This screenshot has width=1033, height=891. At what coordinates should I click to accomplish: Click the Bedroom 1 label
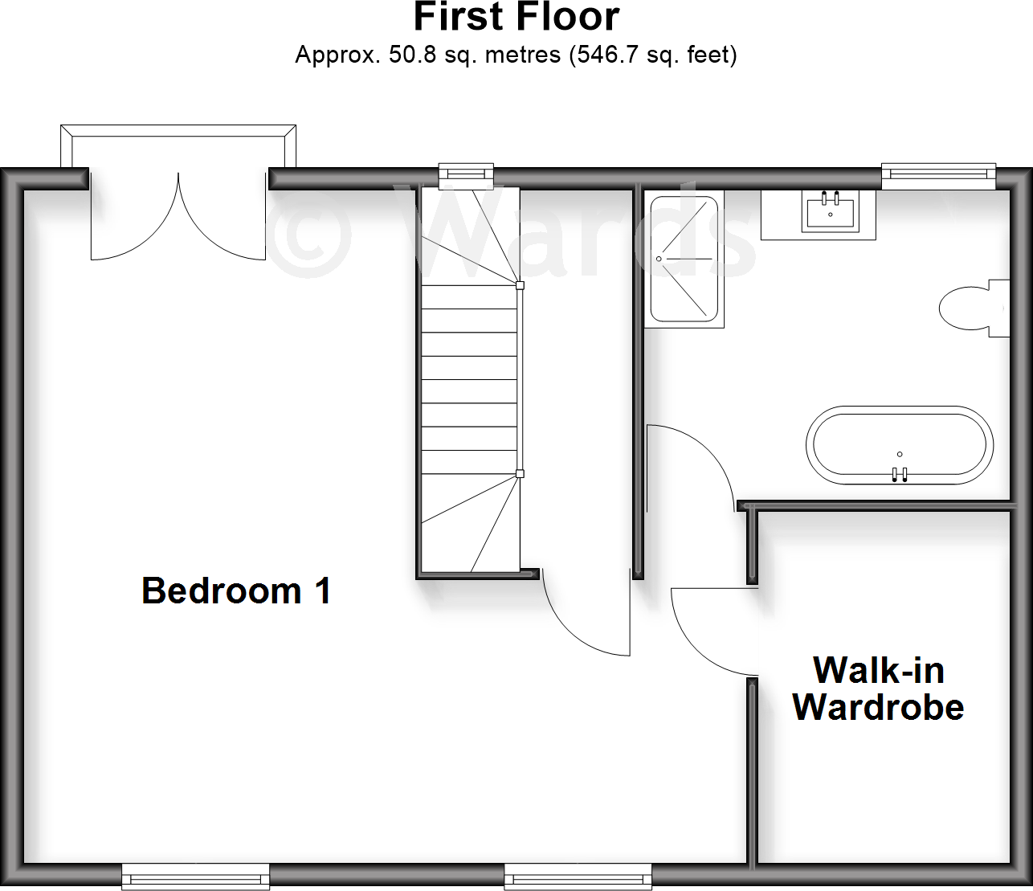pyautogui.click(x=236, y=591)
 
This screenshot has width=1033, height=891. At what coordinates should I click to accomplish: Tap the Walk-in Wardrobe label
pyautogui.click(x=878, y=689)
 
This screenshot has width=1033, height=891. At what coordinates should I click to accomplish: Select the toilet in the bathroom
pyautogui.click(x=968, y=308)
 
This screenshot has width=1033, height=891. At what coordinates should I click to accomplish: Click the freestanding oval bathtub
pyautogui.click(x=900, y=446)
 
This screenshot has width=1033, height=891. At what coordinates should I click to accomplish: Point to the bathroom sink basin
pyautogui.click(x=830, y=211)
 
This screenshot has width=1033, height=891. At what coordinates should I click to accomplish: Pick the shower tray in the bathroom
pyautogui.click(x=684, y=259)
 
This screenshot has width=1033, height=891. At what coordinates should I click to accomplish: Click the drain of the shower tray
pyautogui.click(x=659, y=259)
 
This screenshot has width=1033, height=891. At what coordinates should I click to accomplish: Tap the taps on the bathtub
pyautogui.click(x=900, y=474)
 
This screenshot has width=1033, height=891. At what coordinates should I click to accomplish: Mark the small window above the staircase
pyautogui.click(x=466, y=172)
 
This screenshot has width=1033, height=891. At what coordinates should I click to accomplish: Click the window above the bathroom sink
pyautogui.click(x=937, y=172)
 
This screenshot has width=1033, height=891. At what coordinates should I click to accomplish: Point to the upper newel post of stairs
pyautogui.click(x=520, y=285)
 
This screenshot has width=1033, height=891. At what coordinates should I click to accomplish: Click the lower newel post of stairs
pyautogui.click(x=520, y=474)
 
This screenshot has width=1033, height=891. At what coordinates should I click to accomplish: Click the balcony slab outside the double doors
pyautogui.click(x=178, y=151)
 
